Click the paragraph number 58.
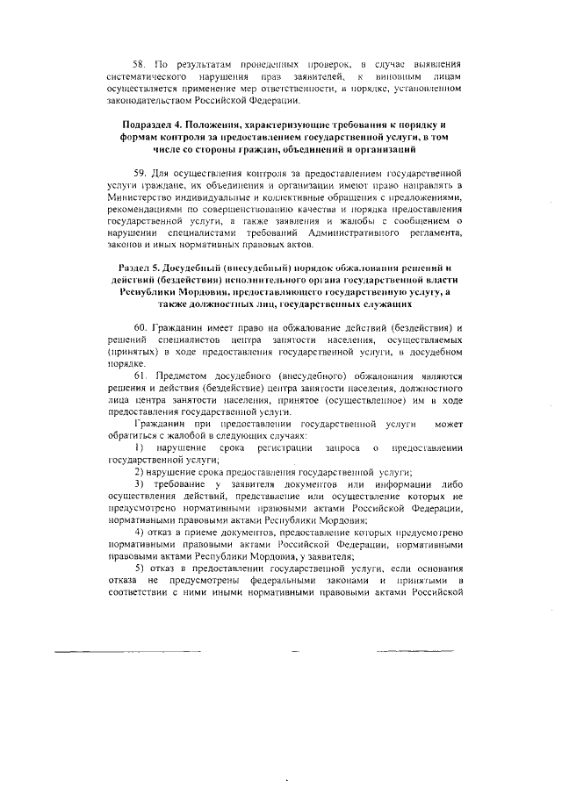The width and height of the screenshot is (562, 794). [x=138, y=65]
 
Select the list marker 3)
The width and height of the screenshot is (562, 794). [x=138, y=488]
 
